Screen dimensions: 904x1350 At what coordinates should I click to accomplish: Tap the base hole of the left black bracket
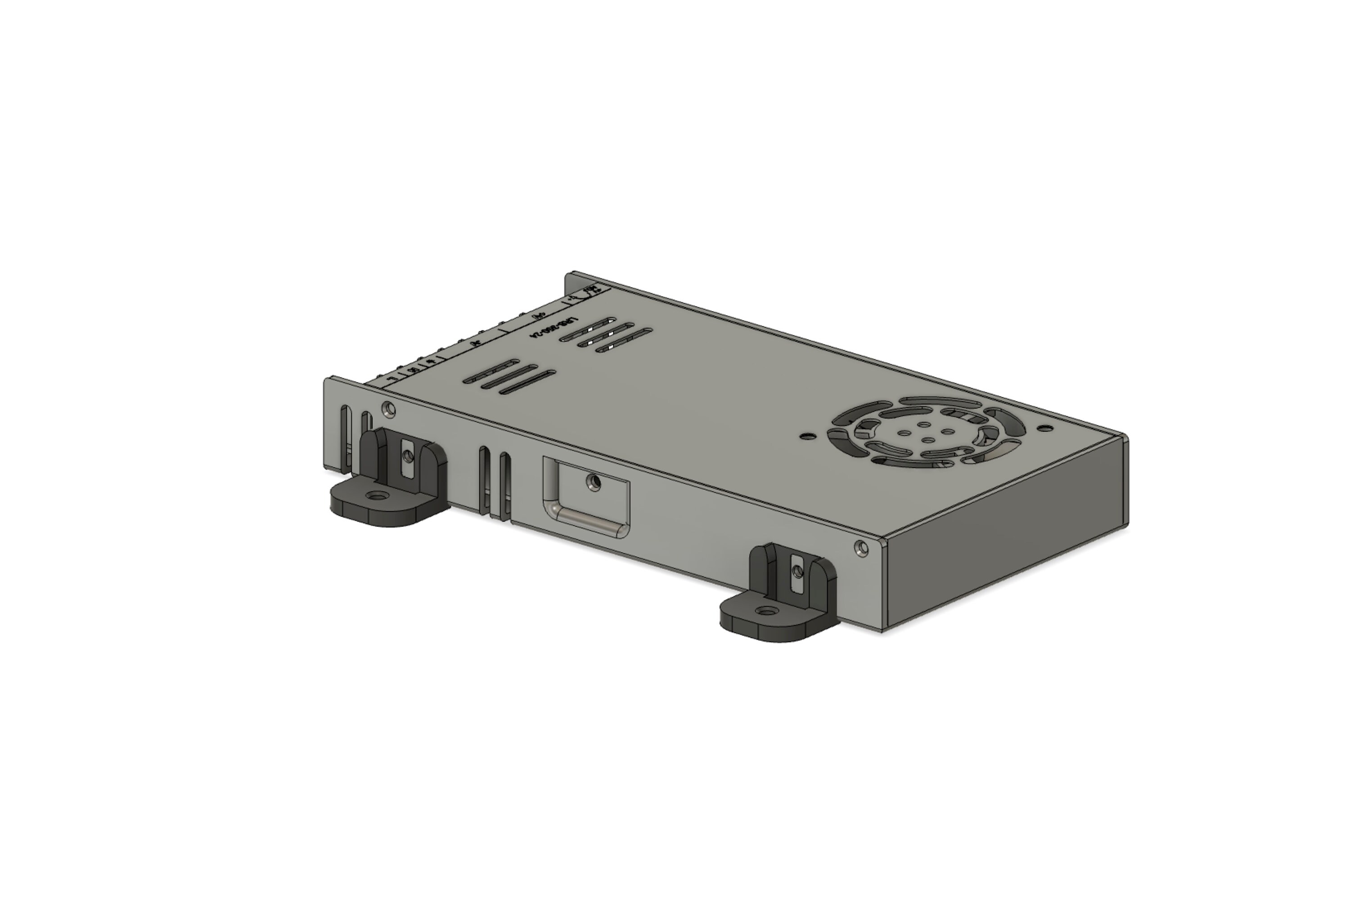[378, 495]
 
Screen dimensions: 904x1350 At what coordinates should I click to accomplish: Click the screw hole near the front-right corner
[862, 548]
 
